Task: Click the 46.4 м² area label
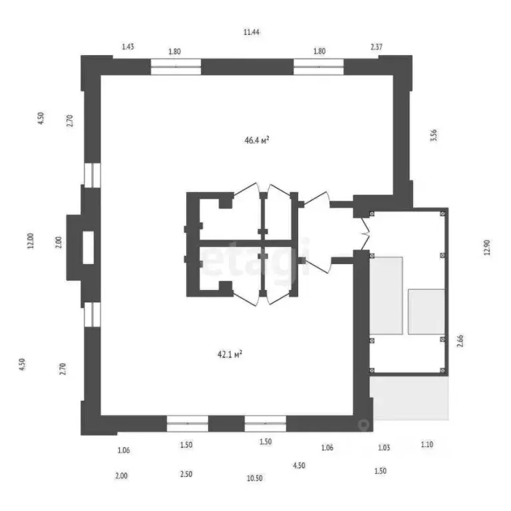coord(256,140)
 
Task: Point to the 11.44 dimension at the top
coord(251,32)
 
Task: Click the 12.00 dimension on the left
coord(30,240)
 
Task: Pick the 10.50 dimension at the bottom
coord(254,478)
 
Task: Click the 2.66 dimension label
coord(460,341)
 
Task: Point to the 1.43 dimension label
coord(128,47)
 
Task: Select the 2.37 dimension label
coord(377,47)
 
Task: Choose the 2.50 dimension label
coord(186,475)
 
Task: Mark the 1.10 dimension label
coord(426,444)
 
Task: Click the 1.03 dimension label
coord(384,448)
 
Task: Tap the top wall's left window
coord(176,67)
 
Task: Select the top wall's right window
coord(319,67)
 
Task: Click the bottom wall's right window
coord(265,424)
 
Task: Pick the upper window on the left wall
coord(91,174)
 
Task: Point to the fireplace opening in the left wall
coord(88,247)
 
